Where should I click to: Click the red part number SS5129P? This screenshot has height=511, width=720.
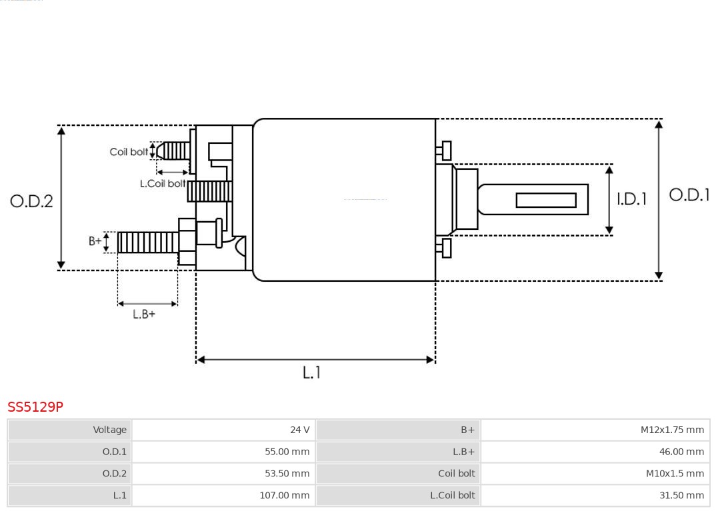point(35,407)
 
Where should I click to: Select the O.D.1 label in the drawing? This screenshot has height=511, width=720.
point(689,195)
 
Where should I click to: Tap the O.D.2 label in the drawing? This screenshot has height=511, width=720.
point(31,201)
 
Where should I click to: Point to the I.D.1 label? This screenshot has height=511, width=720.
point(631,199)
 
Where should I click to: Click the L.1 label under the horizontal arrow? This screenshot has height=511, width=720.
point(311,373)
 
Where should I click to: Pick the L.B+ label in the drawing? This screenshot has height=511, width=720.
point(144,314)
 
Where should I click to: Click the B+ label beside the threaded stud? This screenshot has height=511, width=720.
point(95,241)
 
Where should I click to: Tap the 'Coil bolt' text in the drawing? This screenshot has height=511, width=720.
point(129,152)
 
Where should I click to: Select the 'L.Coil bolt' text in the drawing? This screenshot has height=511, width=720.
point(163,183)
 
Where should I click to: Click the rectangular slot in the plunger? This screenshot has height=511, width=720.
point(546,200)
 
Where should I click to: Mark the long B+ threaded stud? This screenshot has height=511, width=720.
point(147,243)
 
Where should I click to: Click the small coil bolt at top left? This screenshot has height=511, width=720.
point(175,151)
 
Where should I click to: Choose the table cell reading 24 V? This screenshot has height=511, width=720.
point(223,430)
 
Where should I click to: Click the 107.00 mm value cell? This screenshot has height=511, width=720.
point(223,495)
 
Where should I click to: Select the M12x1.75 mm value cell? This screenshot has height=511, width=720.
point(595,430)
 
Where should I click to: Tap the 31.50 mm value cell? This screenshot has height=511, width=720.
point(595,495)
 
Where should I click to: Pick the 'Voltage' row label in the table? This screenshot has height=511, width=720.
point(70,430)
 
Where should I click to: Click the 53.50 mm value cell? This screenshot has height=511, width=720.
point(223,474)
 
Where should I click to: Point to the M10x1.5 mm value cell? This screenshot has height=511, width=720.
point(595,474)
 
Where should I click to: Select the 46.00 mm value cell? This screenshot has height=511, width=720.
point(595,452)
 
